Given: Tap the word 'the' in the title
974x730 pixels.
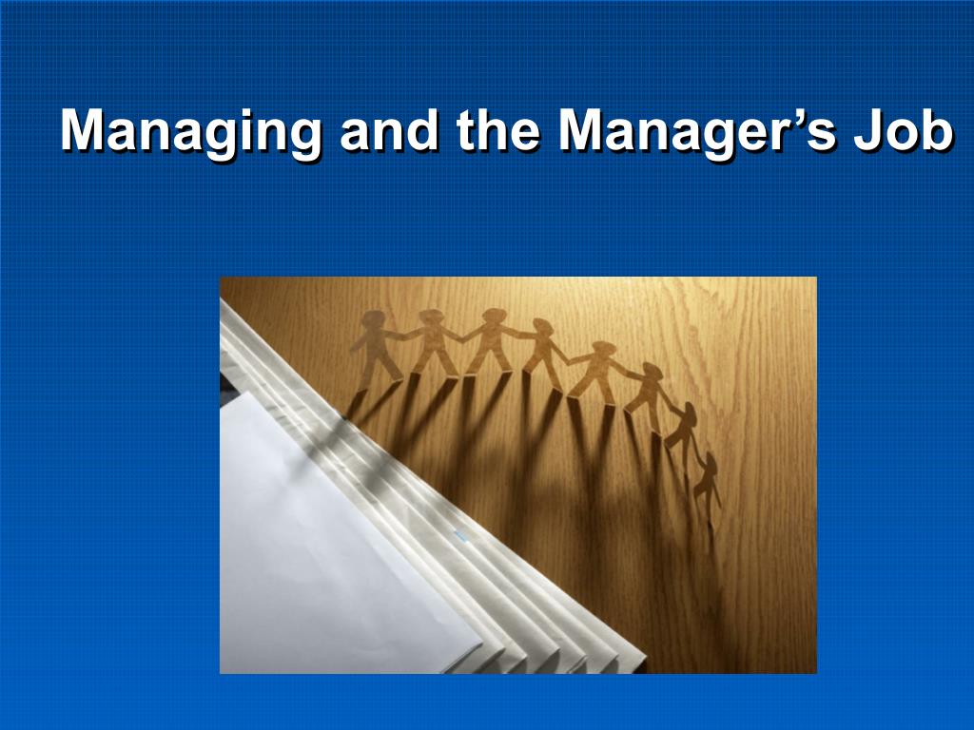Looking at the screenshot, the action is pos(497,130).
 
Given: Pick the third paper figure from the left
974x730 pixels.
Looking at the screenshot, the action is pos(491,341).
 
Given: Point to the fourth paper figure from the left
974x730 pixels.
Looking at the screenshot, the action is pos(545,354).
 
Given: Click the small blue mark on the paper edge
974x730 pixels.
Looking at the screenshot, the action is pos(460,536).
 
